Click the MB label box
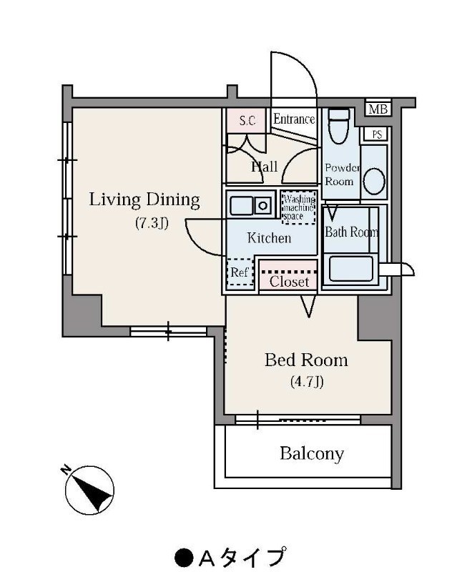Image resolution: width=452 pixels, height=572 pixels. click(378, 109)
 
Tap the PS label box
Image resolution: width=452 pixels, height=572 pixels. click(377, 134)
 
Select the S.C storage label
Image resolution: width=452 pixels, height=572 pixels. click(247, 120)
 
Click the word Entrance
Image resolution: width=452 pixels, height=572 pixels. click(294, 119)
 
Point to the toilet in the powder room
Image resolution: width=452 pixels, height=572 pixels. click(339, 127)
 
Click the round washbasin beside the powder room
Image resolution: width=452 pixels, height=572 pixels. click(374, 182)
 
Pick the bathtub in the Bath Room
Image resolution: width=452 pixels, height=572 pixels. click(351, 269)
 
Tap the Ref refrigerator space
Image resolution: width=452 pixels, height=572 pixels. click(240, 272)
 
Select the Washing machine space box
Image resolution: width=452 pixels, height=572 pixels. click(299, 207)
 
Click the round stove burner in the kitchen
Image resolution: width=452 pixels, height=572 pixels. click(262, 206)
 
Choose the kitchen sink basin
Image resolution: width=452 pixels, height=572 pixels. click(242, 206)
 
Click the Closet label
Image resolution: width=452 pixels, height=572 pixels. click(290, 282)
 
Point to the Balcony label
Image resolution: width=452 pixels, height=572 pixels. click(312, 454)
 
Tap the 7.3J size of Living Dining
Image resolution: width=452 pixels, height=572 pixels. click(152, 222)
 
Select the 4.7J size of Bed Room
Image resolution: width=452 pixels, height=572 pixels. click(307, 382)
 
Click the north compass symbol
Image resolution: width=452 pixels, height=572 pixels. click(89, 490)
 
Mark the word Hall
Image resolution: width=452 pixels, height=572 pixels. click(265, 167)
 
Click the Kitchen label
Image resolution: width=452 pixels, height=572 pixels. click(269, 238)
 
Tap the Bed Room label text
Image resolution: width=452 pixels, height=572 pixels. click(306, 360)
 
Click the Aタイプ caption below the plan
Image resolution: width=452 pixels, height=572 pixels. click(230, 557)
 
